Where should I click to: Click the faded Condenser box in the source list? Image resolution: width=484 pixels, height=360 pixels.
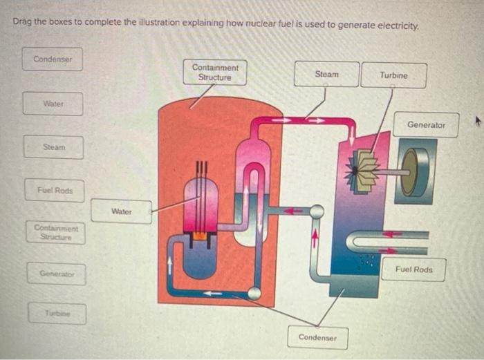(53, 59)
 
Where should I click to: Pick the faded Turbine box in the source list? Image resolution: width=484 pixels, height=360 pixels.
(57, 314)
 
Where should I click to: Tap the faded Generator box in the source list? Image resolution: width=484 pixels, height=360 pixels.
(57, 274)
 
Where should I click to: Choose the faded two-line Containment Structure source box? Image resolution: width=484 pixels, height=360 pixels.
(57, 232)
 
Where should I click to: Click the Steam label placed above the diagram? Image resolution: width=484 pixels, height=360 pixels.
(326, 74)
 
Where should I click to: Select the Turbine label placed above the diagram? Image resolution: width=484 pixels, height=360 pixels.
(393, 75)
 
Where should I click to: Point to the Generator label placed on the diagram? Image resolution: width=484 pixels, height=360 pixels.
(427, 125)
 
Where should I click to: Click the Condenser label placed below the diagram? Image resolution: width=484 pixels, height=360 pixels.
(317, 337)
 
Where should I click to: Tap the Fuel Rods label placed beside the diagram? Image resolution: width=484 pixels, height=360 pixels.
(413, 269)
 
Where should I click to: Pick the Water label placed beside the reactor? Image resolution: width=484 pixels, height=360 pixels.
(121, 211)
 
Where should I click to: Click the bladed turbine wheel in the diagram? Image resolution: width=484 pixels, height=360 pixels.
(361, 170)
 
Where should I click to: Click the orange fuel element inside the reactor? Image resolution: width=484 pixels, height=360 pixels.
(201, 236)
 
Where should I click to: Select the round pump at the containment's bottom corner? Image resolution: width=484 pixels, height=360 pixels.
(254, 293)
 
